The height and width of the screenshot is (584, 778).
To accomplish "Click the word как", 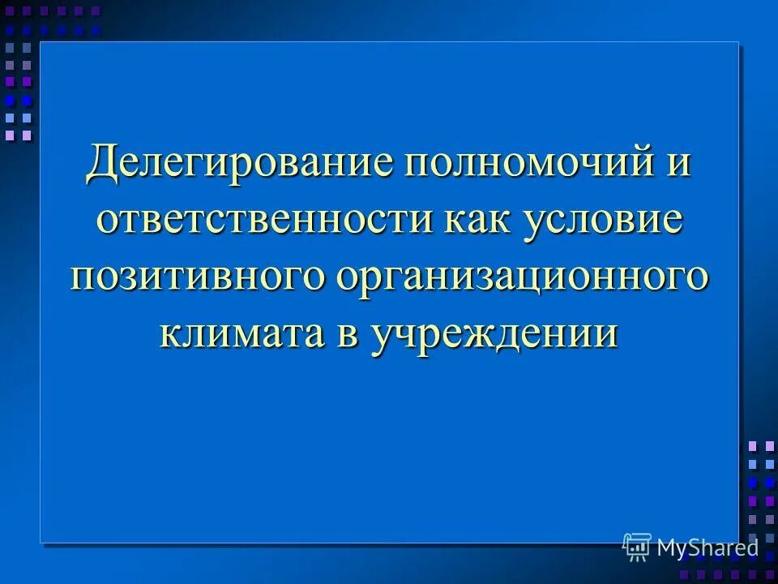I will click(x=484, y=221).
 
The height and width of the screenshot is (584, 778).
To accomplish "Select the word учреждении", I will click(x=495, y=333).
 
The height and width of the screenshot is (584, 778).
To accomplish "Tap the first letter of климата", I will click(x=172, y=333).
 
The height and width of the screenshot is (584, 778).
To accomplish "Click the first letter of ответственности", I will click(x=109, y=221).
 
